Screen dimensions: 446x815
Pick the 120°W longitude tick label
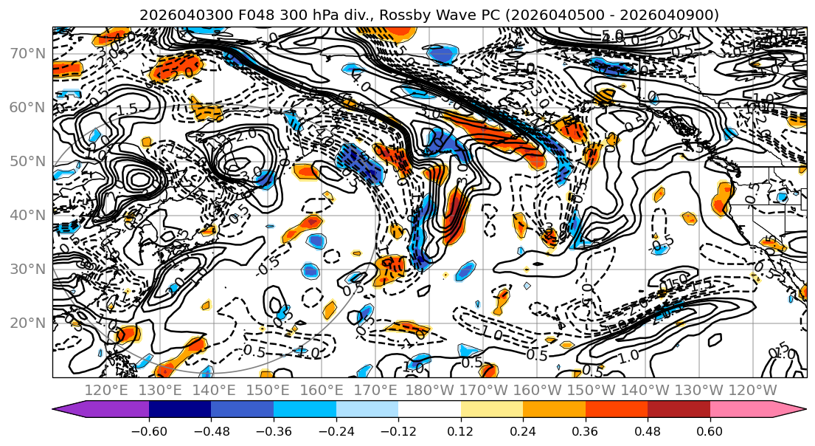click(x=752, y=390)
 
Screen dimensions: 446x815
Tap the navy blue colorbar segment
click(x=180, y=410)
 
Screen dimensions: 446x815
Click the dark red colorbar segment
click(x=679, y=410)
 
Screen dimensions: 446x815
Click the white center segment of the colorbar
click(x=429, y=410)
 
